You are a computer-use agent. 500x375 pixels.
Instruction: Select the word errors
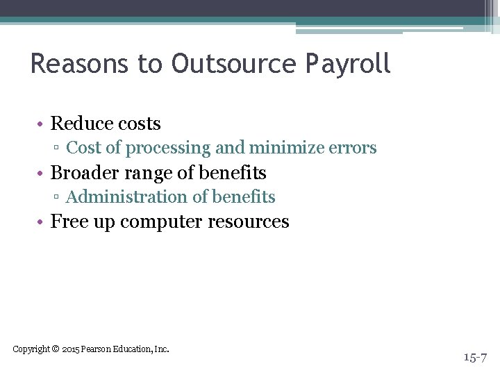[x=353, y=149]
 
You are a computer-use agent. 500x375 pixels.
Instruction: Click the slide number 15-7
[x=476, y=357]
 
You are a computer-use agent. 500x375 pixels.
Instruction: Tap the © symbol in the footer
[x=56, y=349]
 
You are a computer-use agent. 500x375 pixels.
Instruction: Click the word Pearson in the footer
[x=95, y=349]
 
